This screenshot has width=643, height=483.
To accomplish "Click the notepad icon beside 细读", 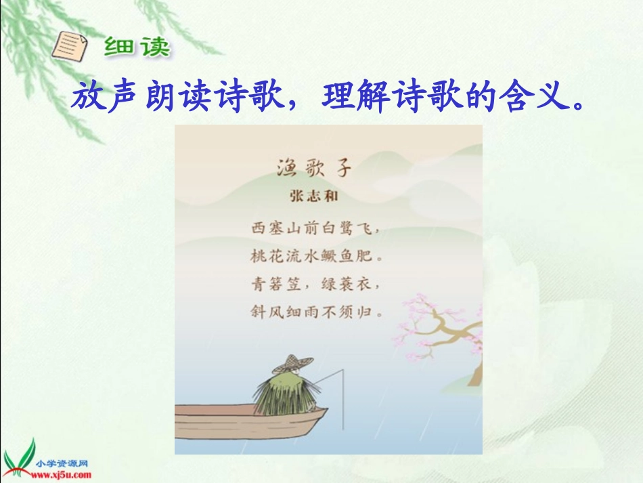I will coord(70,46).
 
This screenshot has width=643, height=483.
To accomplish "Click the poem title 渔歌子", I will coord(315,167).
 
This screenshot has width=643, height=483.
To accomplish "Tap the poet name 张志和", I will coord(314,196).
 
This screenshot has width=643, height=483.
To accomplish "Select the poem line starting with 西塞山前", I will coord(315,228).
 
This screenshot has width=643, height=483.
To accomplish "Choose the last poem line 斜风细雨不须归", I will coord(315,313).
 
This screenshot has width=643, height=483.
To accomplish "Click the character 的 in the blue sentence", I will coord(483,99).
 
